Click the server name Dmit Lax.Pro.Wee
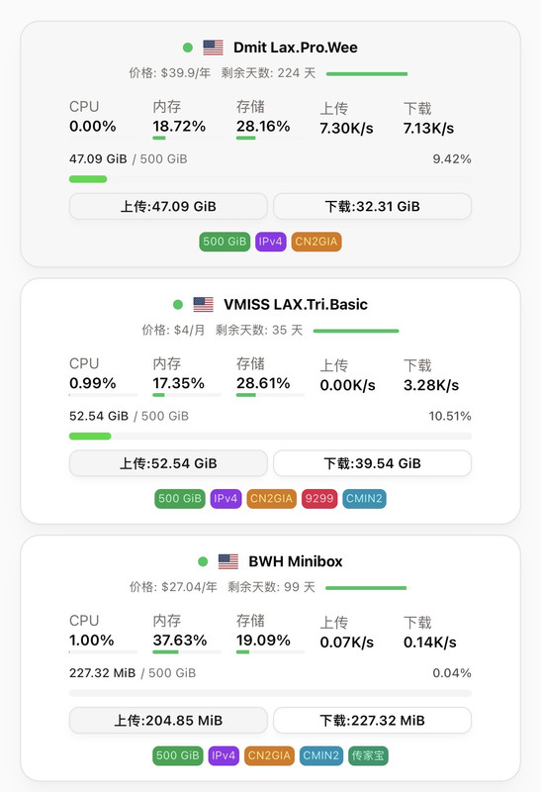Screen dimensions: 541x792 pyautogui.click(x=296, y=48)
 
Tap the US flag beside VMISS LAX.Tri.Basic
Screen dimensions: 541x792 pyautogui.click(x=204, y=304)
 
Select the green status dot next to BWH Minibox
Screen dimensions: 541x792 pyautogui.click(x=203, y=561)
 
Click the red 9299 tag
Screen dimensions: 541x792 pyautogui.click(x=318, y=499)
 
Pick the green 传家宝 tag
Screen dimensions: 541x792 pyautogui.click(x=368, y=755)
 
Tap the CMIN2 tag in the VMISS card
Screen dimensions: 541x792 pyautogui.click(x=364, y=499)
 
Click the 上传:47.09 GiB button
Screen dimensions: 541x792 pyautogui.click(x=168, y=206)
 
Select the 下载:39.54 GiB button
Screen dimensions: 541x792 pyautogui.click(x=373, y=463)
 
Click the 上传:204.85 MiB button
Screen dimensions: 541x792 pyautogui.click(x=168, y=721)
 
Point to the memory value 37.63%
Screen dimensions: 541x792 pyautogui.click(x=180, y=641)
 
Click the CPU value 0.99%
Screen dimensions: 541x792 pyautogui.click(x=92, y=383)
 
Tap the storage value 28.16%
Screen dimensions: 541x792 pyautogui.click(x=263, y=127)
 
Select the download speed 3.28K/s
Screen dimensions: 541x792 pyautogui.click(x=431, y=385)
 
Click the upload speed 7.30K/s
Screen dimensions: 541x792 pyautogui.click(x=346, y=129)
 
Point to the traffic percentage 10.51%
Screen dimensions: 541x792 pyautogui.click(x=450, y=416)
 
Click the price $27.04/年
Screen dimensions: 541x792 pyautogui.click(x=189, y=587)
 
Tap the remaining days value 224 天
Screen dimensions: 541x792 pyautogui.click(x=297, y=73)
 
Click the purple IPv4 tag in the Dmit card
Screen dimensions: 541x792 pyautogui.click(x=271, y=242)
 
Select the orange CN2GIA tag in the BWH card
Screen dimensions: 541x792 pyautogui.click(x=269, y=755)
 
